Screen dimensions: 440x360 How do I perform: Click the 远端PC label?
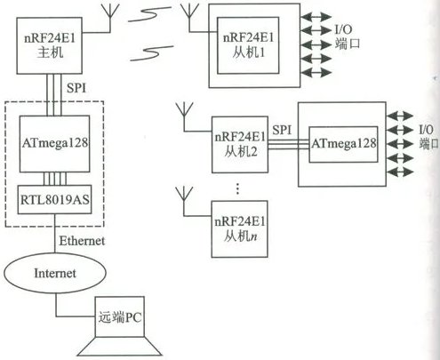pyautogui.click(x=120, y=317)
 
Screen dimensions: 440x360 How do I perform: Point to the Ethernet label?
pyautogui.click(x=82, y=241)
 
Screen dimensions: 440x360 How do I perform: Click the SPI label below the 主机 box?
pyautogui.click(x=76, y=88)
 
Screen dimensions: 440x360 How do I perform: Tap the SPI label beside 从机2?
pyautogui.click(x=282, y=130)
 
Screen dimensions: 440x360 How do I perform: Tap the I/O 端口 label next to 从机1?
pyautogui.click(x=348, y=36)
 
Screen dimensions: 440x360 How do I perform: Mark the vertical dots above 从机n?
pyautogui.click(x=237, y=188)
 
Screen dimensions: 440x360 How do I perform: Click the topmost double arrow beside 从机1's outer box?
pyautogui.click(x=316, y=16)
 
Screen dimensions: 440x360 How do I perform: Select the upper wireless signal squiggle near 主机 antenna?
pyautogui.click(x=149, y=14)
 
